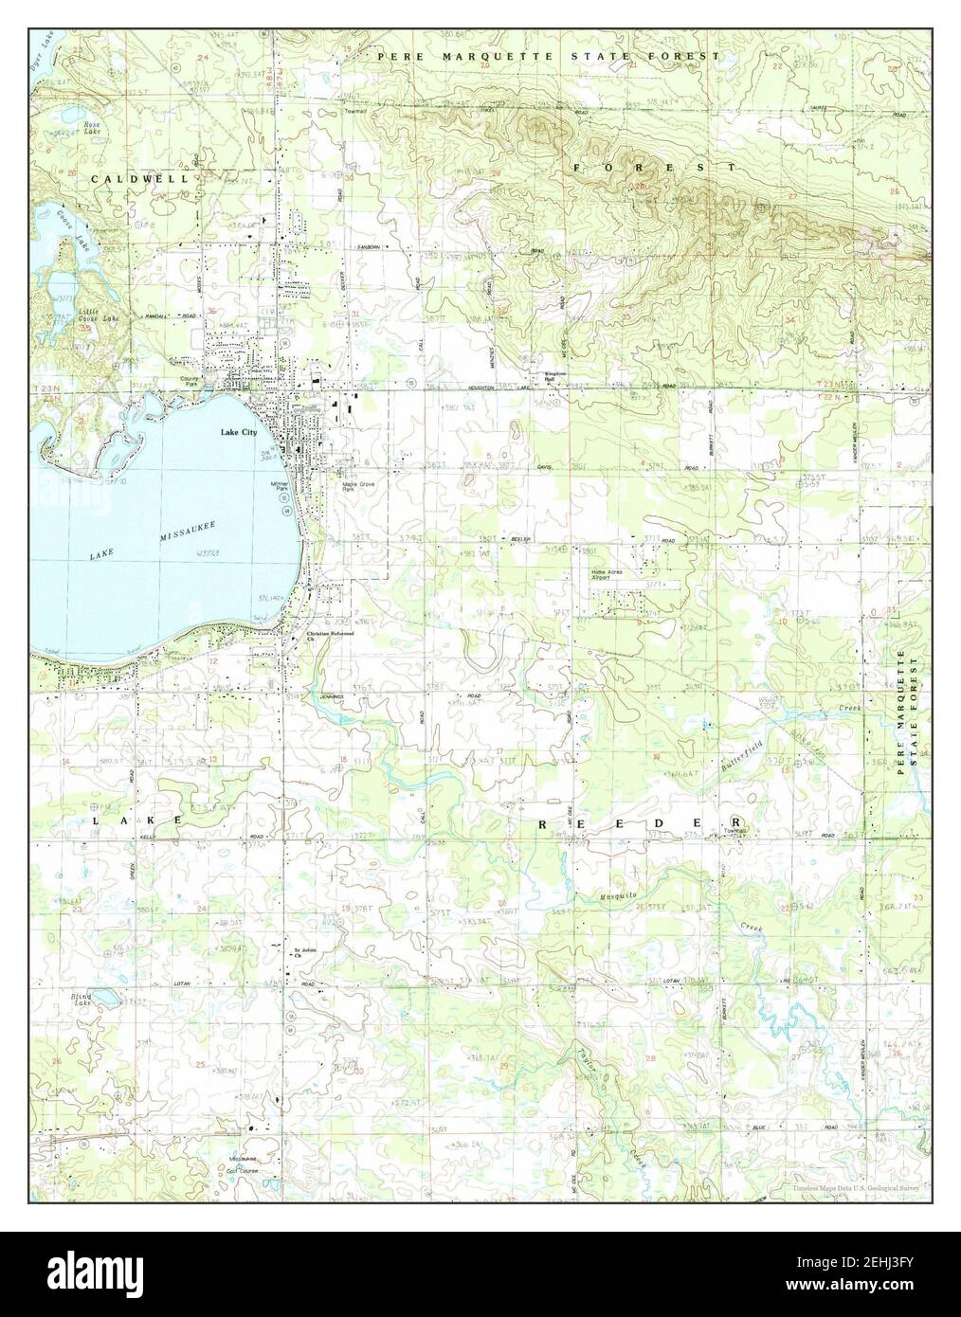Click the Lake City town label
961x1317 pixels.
[x=239, y=432]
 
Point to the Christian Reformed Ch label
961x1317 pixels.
[x=329, y=636]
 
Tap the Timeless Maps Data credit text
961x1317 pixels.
[x=856, y=1187]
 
